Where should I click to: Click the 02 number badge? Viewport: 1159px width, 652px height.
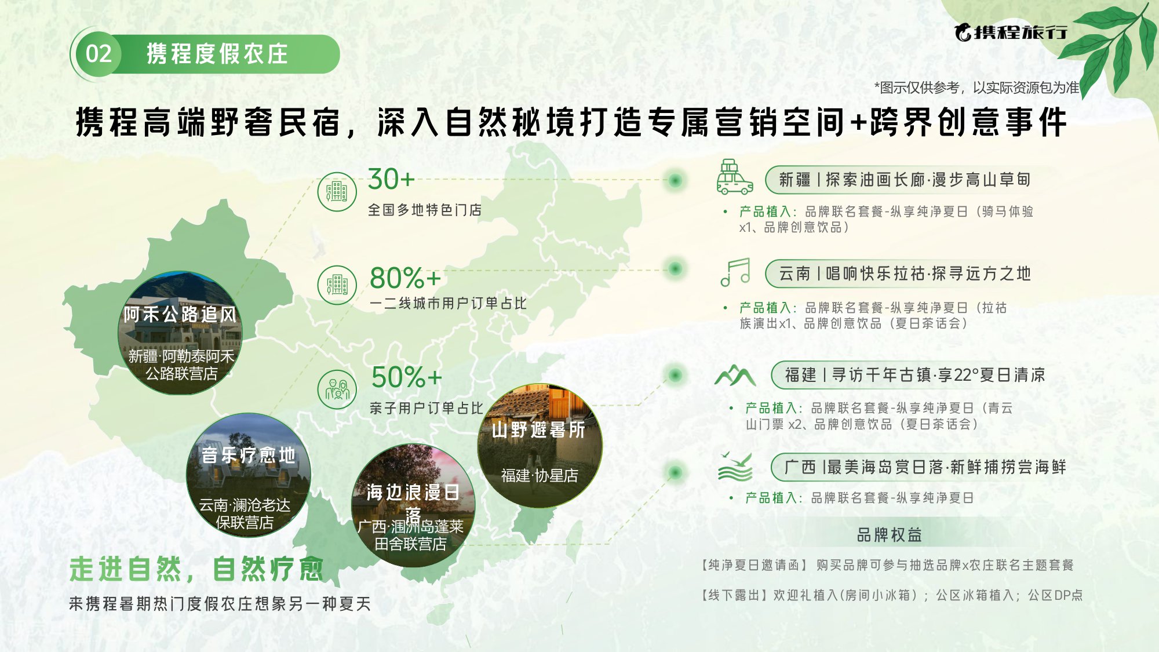pyautogui.click(x=99, y=54)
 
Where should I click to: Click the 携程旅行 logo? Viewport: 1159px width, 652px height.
pyautogui.click(x=1011, y=32)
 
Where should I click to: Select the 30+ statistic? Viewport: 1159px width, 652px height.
pyautogui.click(x=391, y=179)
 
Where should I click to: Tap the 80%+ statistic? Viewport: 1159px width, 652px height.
pyautogui.click(x=405, y=278)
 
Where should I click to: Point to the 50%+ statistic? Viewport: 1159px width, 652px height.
pyautogui.click(x=406, y=377)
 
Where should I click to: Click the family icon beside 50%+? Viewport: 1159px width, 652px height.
pyautogui.click(x=337, y=389)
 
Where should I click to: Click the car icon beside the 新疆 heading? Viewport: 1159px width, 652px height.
pyautogui.click(x=734, y=177)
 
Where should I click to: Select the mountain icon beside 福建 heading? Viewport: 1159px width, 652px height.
pyautogui.click(x=735, y=376)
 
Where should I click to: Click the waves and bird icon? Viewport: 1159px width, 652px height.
pyautogui.click(x=735, y=467)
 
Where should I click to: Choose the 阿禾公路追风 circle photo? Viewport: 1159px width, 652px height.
pyautogui.click(x=180, y=333)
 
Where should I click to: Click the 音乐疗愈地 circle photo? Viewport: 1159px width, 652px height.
pyautogui.click(x=248, y=475)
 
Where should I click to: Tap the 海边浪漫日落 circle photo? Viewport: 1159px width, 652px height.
pyautogui.click(x=413, y=505)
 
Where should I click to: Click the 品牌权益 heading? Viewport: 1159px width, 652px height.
pyautogui.click(x=889, y=535)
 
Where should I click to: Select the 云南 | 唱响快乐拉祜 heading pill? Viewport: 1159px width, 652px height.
pyautogui.click(x=904, y=274)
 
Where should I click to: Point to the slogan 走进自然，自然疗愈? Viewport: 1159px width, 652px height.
pyautogui.click(x=196, y=569)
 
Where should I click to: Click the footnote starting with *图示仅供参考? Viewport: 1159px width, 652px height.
pyautogui.click(x=976, y=88)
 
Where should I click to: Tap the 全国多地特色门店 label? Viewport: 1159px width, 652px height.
pyautogui.click(x=425, y=210)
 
